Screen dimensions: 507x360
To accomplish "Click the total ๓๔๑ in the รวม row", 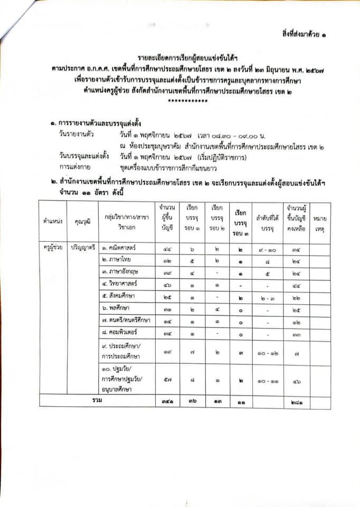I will pos(166,400).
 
